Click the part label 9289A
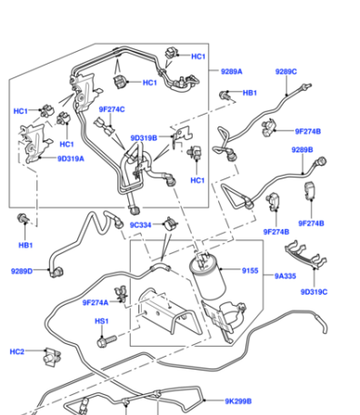tap(232, 71)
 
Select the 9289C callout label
tap(285, 72)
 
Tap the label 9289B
tap(302, 150)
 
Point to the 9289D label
tap(22, 271)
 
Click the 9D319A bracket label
tap(71, 158)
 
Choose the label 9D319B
tap(144, 138)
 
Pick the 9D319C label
tap(314, 292)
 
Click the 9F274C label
tap(112, 109)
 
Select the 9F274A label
tap(95, 302)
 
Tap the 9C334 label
tap(140, 225)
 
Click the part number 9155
tap(250, 270)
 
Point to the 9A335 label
tap(285, 276)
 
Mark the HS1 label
tap(102, 321)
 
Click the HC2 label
tap(16, 351)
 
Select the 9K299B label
tap(238, 401)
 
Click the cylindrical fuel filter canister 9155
tap(207, 277)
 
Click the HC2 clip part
tap(52, 357)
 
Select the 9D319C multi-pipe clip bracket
tap(305, 254)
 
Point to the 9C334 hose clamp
tap(170, 225)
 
